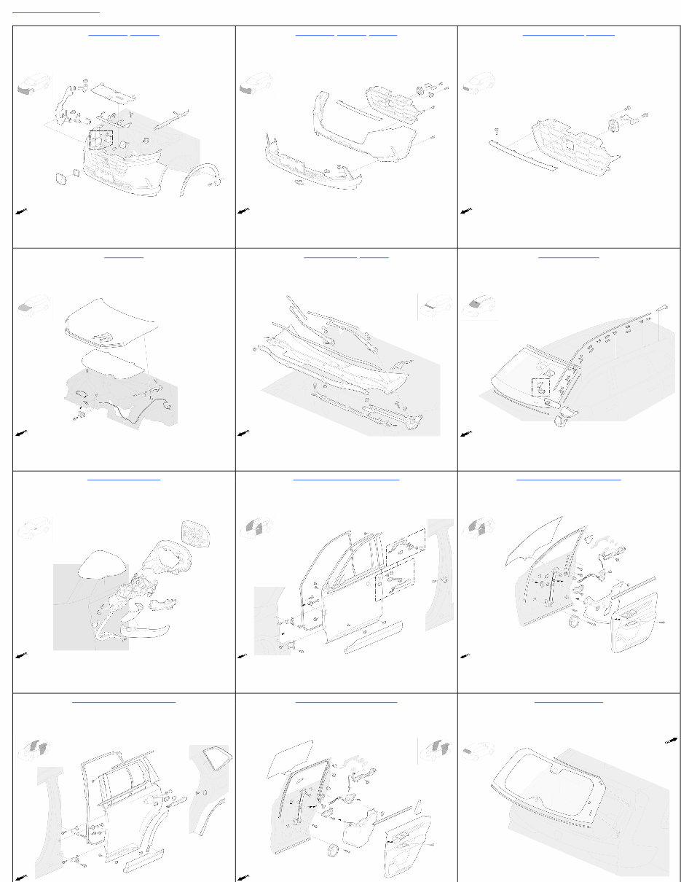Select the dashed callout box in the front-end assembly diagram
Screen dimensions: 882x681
click(101, 140)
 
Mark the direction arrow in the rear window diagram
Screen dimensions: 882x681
click(671, 741)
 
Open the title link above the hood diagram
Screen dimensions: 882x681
click(124, 257)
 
